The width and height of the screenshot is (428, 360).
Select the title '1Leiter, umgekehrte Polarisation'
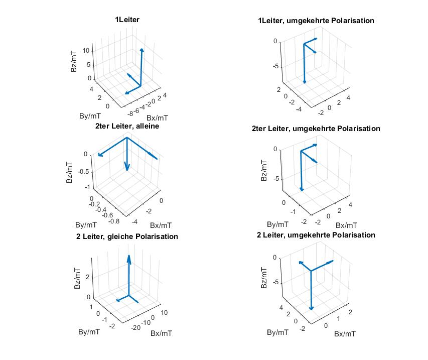coord(316,21)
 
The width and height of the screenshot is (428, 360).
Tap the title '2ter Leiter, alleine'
coord(127,127)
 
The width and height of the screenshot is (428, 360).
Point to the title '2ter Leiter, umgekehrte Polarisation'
coord(316,129)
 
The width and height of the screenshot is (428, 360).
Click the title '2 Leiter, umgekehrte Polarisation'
coord(316,235)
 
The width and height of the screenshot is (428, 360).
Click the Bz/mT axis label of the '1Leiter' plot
coord(74,61)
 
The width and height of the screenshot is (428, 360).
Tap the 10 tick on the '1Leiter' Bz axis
coord(86,51)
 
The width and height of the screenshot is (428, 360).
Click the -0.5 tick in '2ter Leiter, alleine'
coord(82,171)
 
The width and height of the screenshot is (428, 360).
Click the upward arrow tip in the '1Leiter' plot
coord(141,49)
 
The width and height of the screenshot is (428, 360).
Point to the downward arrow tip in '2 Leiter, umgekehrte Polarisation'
coord(312,308)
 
